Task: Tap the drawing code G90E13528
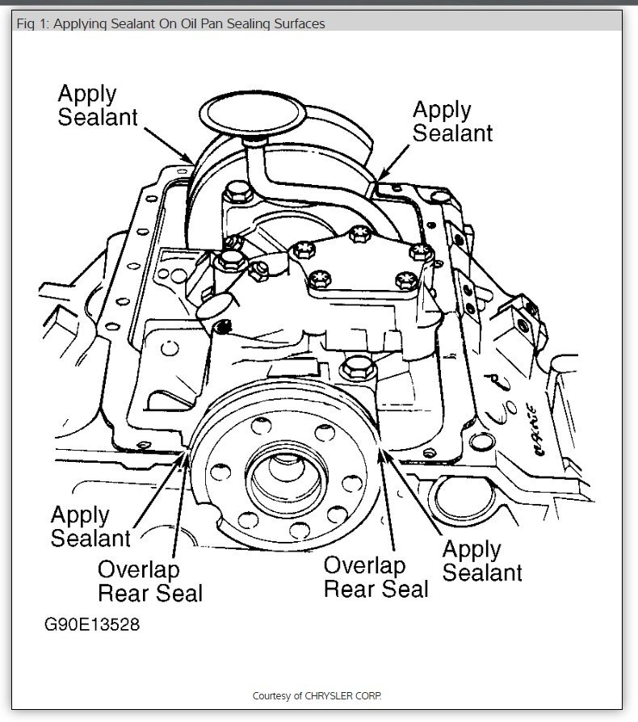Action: pos(91,626)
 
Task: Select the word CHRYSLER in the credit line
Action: pos(336,695)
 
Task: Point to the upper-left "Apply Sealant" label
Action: pos(97,105)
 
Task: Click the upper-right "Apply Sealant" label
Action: pos(452,121)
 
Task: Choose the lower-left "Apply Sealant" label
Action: pos(90,526)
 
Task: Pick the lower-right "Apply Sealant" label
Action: pos(482,560)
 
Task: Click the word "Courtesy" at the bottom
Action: pos(275,695)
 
